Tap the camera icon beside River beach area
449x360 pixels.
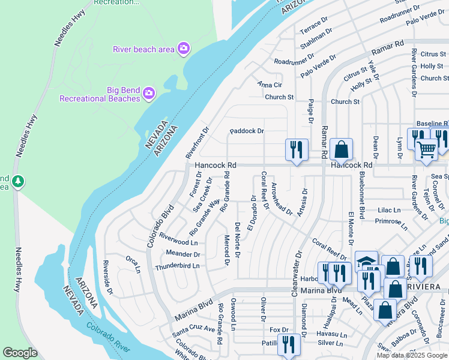point(184,49)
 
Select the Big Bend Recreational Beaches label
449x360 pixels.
point(98,94)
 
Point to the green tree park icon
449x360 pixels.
point(19,181)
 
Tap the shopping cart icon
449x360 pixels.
point(426,148)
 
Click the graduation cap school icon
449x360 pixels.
point(366,262)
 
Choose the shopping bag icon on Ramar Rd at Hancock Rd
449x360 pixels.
point(341,149)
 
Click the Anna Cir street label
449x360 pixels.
point(270,85)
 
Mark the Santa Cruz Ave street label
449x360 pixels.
point(193,329)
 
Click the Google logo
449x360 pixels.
point(20,353)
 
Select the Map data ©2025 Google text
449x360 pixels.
point(412,355)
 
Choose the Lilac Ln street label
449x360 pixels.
point(388,210)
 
